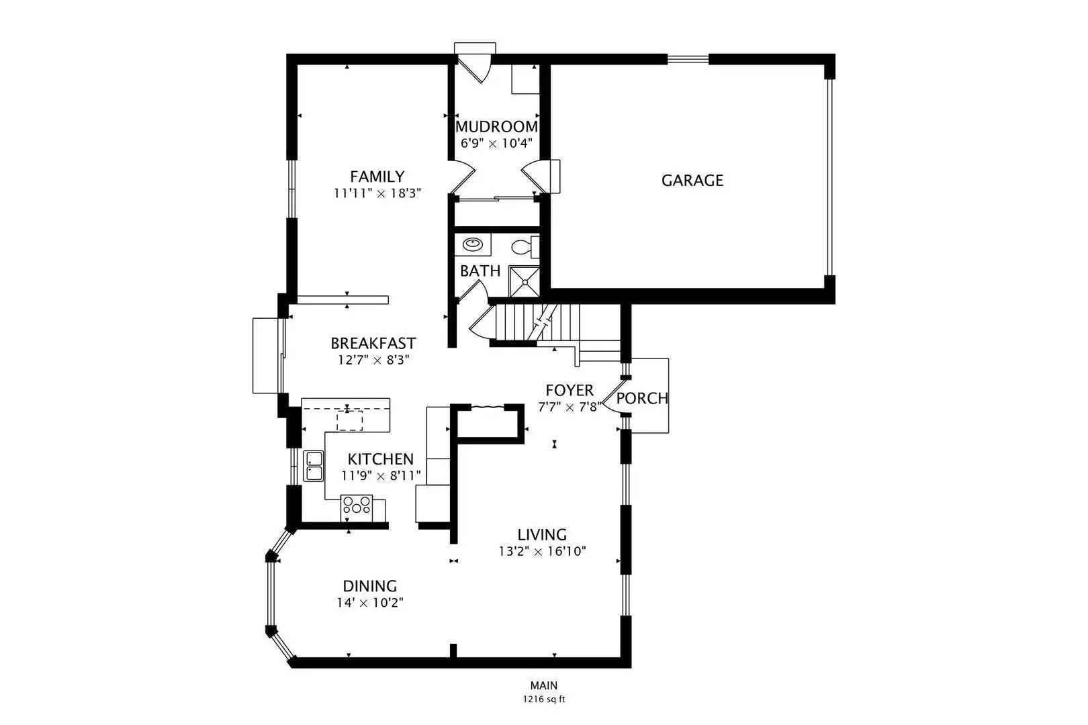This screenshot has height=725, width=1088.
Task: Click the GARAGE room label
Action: (692, 181)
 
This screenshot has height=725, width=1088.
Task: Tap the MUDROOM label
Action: (496, 127)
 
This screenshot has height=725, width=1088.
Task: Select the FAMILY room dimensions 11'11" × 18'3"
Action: (377, 193)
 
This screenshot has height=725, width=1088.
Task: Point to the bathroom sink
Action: (472, 244)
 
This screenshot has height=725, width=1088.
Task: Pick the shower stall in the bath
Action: (524, 282)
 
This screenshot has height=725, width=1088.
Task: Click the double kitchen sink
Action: (313, 466)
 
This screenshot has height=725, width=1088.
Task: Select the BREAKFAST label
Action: (373, 343)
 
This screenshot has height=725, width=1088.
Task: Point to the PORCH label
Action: (642, 398)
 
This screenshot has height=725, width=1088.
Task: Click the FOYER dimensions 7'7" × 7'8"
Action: (570, 407)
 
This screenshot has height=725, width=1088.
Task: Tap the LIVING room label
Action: (541, 534)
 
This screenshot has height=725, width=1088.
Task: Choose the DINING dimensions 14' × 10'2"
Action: (370, 603)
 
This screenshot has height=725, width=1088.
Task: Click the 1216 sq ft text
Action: (544, 699)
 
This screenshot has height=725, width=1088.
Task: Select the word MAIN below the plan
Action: (544, 685)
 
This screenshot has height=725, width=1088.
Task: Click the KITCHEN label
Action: (380, 459)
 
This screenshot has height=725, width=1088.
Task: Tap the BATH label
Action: (480, 271)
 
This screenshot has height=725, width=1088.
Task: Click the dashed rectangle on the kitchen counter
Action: (350, 420)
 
